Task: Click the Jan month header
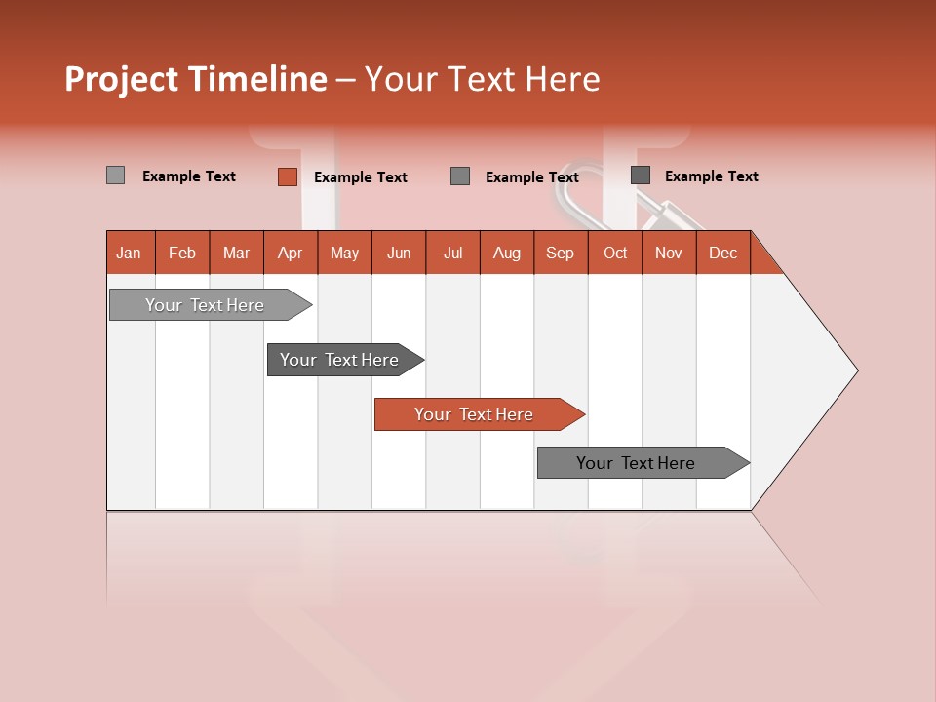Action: pos(130,253)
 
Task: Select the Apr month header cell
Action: pos(291,253)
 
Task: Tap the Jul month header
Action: pos(453,253)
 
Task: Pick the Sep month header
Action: pos(561,253)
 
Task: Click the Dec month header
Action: pos(722,253)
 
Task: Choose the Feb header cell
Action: pos(182,253)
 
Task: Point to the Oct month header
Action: pos(615,253)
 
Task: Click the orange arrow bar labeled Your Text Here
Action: pos(475,414)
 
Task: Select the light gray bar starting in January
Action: pos(205,305)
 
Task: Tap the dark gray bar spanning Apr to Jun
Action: pos(340,360)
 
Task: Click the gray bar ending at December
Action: pos(637,463)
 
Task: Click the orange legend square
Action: pos(288,176)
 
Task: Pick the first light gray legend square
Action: pos(116,175)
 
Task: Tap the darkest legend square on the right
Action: pos(641,175)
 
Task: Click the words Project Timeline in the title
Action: pos(195,79)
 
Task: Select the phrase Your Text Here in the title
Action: pos(482,79)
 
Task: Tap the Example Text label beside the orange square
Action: pos(360,177)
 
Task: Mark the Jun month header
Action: pos(399,253)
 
